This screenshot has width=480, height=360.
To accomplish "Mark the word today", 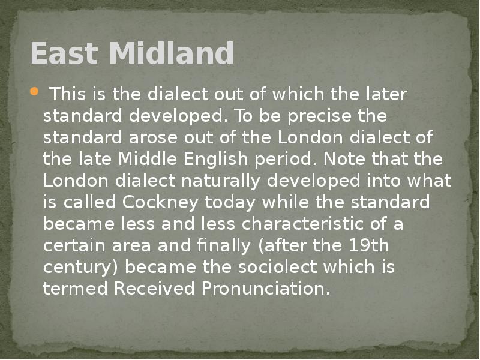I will (x=234, y=202).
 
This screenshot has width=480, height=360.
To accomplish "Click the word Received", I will (x=155, y=289).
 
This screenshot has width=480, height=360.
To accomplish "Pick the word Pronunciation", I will (x=265, y=289).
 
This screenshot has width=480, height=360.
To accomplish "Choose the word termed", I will (x=76, y=289).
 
